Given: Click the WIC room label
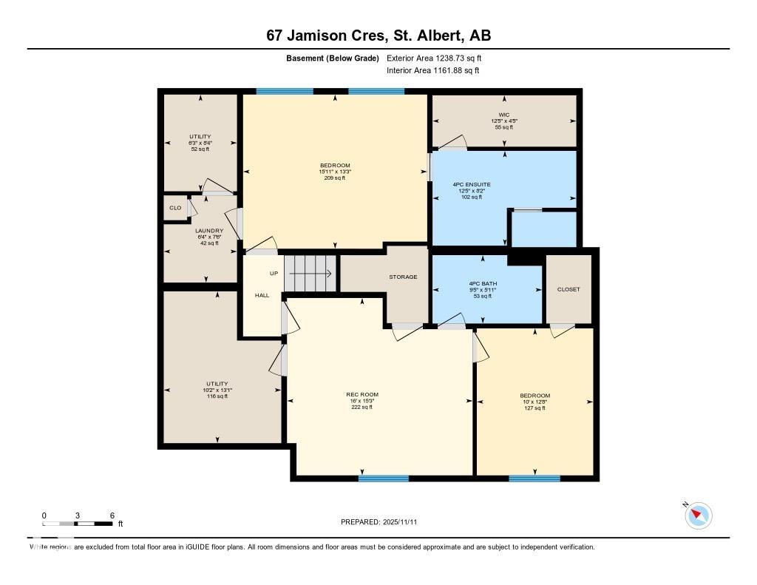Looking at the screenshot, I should coord(503,115).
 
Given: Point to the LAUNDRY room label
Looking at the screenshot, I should coord(209,231).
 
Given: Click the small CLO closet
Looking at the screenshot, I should coord(175,208).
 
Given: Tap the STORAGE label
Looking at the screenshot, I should coord(403,277).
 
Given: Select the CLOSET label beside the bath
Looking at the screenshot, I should coord(568,289).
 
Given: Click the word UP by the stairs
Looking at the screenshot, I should coord(274,274).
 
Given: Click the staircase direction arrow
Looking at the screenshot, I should coord(310,274).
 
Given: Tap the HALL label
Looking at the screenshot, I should coord(262,295).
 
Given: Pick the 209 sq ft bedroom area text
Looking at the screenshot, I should coord(335,178).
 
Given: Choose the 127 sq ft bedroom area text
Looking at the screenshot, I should coord(534,408).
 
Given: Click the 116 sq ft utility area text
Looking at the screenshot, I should coord(217,396).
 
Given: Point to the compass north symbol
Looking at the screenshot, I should coord(698,515).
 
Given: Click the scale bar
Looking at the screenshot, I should coord(78,524).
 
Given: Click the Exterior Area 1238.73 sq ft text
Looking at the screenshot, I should coord(434,58).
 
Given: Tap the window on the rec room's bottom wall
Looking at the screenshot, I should coord(383,479).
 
